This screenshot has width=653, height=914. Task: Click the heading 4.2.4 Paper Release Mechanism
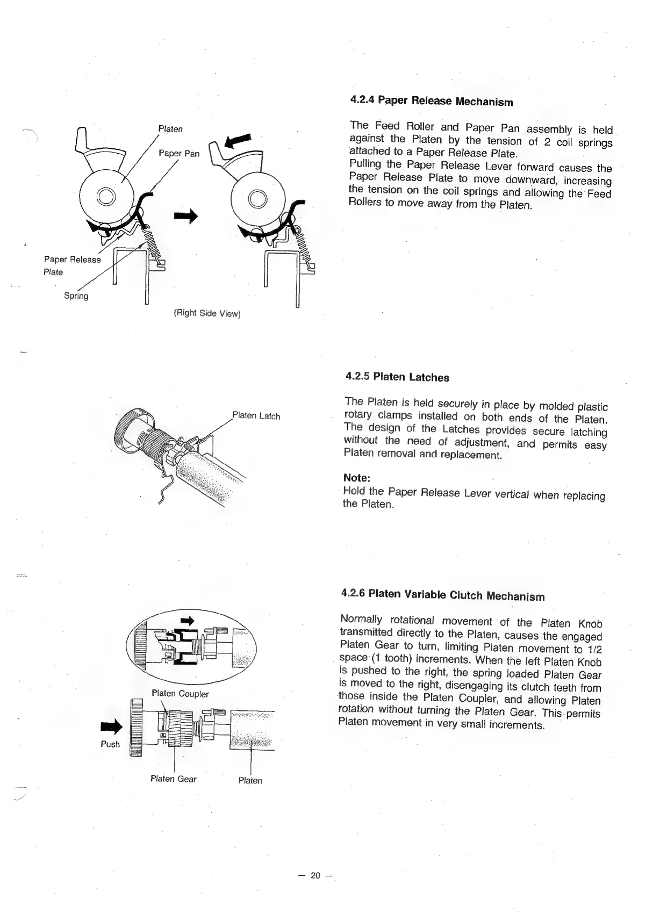pyautogui.click(x=431, y=101)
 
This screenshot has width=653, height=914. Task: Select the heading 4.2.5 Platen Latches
pyautogui.click(x=397, y=377)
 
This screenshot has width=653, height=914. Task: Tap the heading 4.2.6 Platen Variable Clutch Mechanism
pyautogui.click(x=443, y=595)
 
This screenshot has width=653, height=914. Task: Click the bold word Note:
pyautogui.click(x=357, y=478)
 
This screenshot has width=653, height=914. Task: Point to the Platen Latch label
pyautogui.click(x=256, y=416)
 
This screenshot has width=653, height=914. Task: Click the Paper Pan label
pyautogui.click(x=178, y=154)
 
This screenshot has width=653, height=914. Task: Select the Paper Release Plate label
pyautogui.click(x=71, y=265)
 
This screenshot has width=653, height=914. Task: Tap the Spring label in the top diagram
pyautogui.click(x=76, y=296)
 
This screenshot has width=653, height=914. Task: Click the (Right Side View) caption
pyautogui.click(x=206, y=313)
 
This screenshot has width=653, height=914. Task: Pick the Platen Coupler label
pyautogui.click(x=180, y=694)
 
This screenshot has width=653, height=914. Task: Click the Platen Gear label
pyautogui.click(x=173, y=779)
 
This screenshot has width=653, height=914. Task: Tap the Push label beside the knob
pyautogui.click(x=110, y=744)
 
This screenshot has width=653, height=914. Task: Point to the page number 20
pyautogui.click(x=315, y=875)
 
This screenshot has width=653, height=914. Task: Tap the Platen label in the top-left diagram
pyautogui.click(x=170, y=129)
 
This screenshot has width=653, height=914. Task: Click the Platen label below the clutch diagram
pyautogui.click(x=250, y=780)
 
